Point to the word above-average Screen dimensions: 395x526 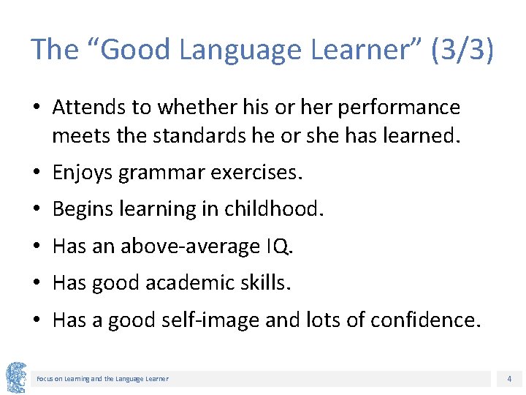pyautogui.click(x=187, y=247)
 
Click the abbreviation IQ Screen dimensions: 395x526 pyautogui.click(x=278, y=247)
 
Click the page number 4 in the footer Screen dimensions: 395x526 pyautogui.click(x=509, y=379)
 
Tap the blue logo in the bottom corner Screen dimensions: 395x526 pyautogui.click(x=15, y=377)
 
